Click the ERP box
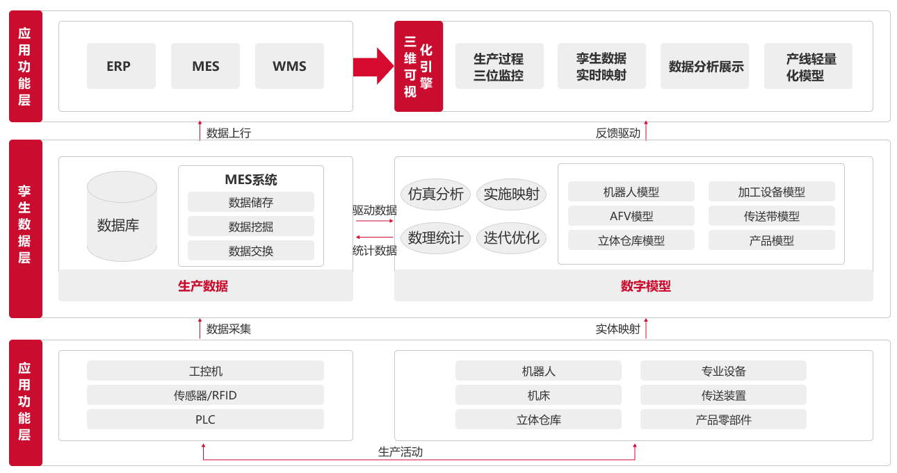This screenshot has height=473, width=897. tap(121, 66)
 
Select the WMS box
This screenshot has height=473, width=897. tap(289, 66)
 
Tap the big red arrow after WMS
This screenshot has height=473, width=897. tap(373, 67)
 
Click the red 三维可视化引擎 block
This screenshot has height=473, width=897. tap(419, 67)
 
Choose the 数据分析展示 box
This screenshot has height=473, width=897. tap(705, 66)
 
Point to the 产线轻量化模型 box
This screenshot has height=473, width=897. tap(808, 66)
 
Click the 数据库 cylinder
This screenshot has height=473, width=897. tap(122, 216)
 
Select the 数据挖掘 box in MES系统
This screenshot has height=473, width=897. tap(251, 226)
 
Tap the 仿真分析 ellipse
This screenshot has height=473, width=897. tap(436, 194)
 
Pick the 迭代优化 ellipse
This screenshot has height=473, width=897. tap(511, 238)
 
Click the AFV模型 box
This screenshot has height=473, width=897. tap(631, 216)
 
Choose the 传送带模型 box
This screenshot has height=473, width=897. tap(772, 216)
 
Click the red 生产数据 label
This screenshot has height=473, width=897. tap(203, 286)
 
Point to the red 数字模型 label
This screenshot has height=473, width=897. tap(645, 286)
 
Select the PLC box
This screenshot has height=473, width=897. tap(205, 419)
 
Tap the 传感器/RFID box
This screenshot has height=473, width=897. tap(205, 395)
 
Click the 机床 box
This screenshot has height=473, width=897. tap(538, 395)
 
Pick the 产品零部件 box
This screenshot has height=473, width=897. tap(723, 419)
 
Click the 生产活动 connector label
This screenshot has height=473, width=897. tap(401, 451)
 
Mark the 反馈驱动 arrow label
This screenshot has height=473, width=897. tap(618, 133)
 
